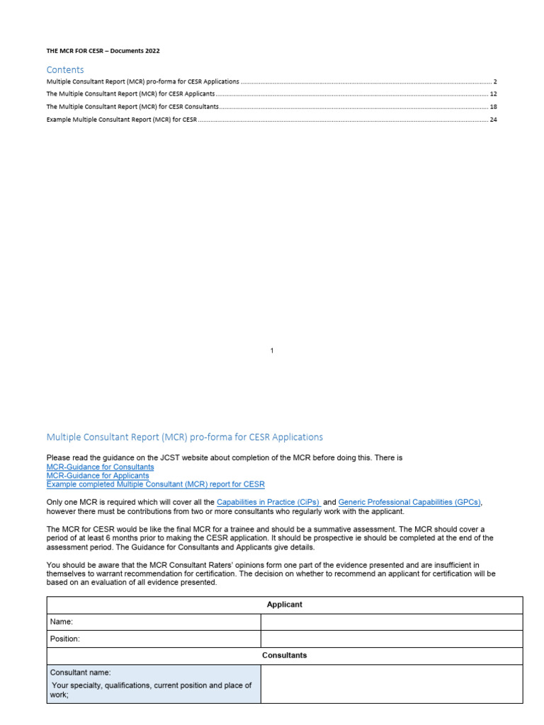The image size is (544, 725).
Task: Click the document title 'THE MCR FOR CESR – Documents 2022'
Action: point(108,51)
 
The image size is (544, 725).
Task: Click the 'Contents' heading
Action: point(65,69)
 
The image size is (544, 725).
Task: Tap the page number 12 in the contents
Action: point(493,94)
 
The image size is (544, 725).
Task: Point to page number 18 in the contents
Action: point(493,107)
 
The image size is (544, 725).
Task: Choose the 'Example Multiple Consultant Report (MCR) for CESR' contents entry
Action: point(121,120)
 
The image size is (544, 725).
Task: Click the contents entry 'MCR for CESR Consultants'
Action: point(132,107)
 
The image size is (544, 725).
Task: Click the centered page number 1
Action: point(272,350)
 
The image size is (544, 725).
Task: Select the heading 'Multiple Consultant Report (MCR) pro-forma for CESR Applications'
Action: point(184,437)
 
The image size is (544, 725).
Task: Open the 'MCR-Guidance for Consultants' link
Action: point(100,467)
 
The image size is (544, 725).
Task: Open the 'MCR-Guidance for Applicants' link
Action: point(98,476)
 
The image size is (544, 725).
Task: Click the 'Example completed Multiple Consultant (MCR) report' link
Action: point(155,484)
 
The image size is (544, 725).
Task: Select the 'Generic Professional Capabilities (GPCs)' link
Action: point(409,502)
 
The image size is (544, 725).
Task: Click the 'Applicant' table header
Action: point(284,605)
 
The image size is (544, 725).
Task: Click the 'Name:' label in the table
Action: point(62,622)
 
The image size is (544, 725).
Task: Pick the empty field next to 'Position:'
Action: point(391,639)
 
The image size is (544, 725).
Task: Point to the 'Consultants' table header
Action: point(284,656)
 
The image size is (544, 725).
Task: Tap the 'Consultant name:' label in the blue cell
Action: point(80,673)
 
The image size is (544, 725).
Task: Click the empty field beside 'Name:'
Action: point(391,622)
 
